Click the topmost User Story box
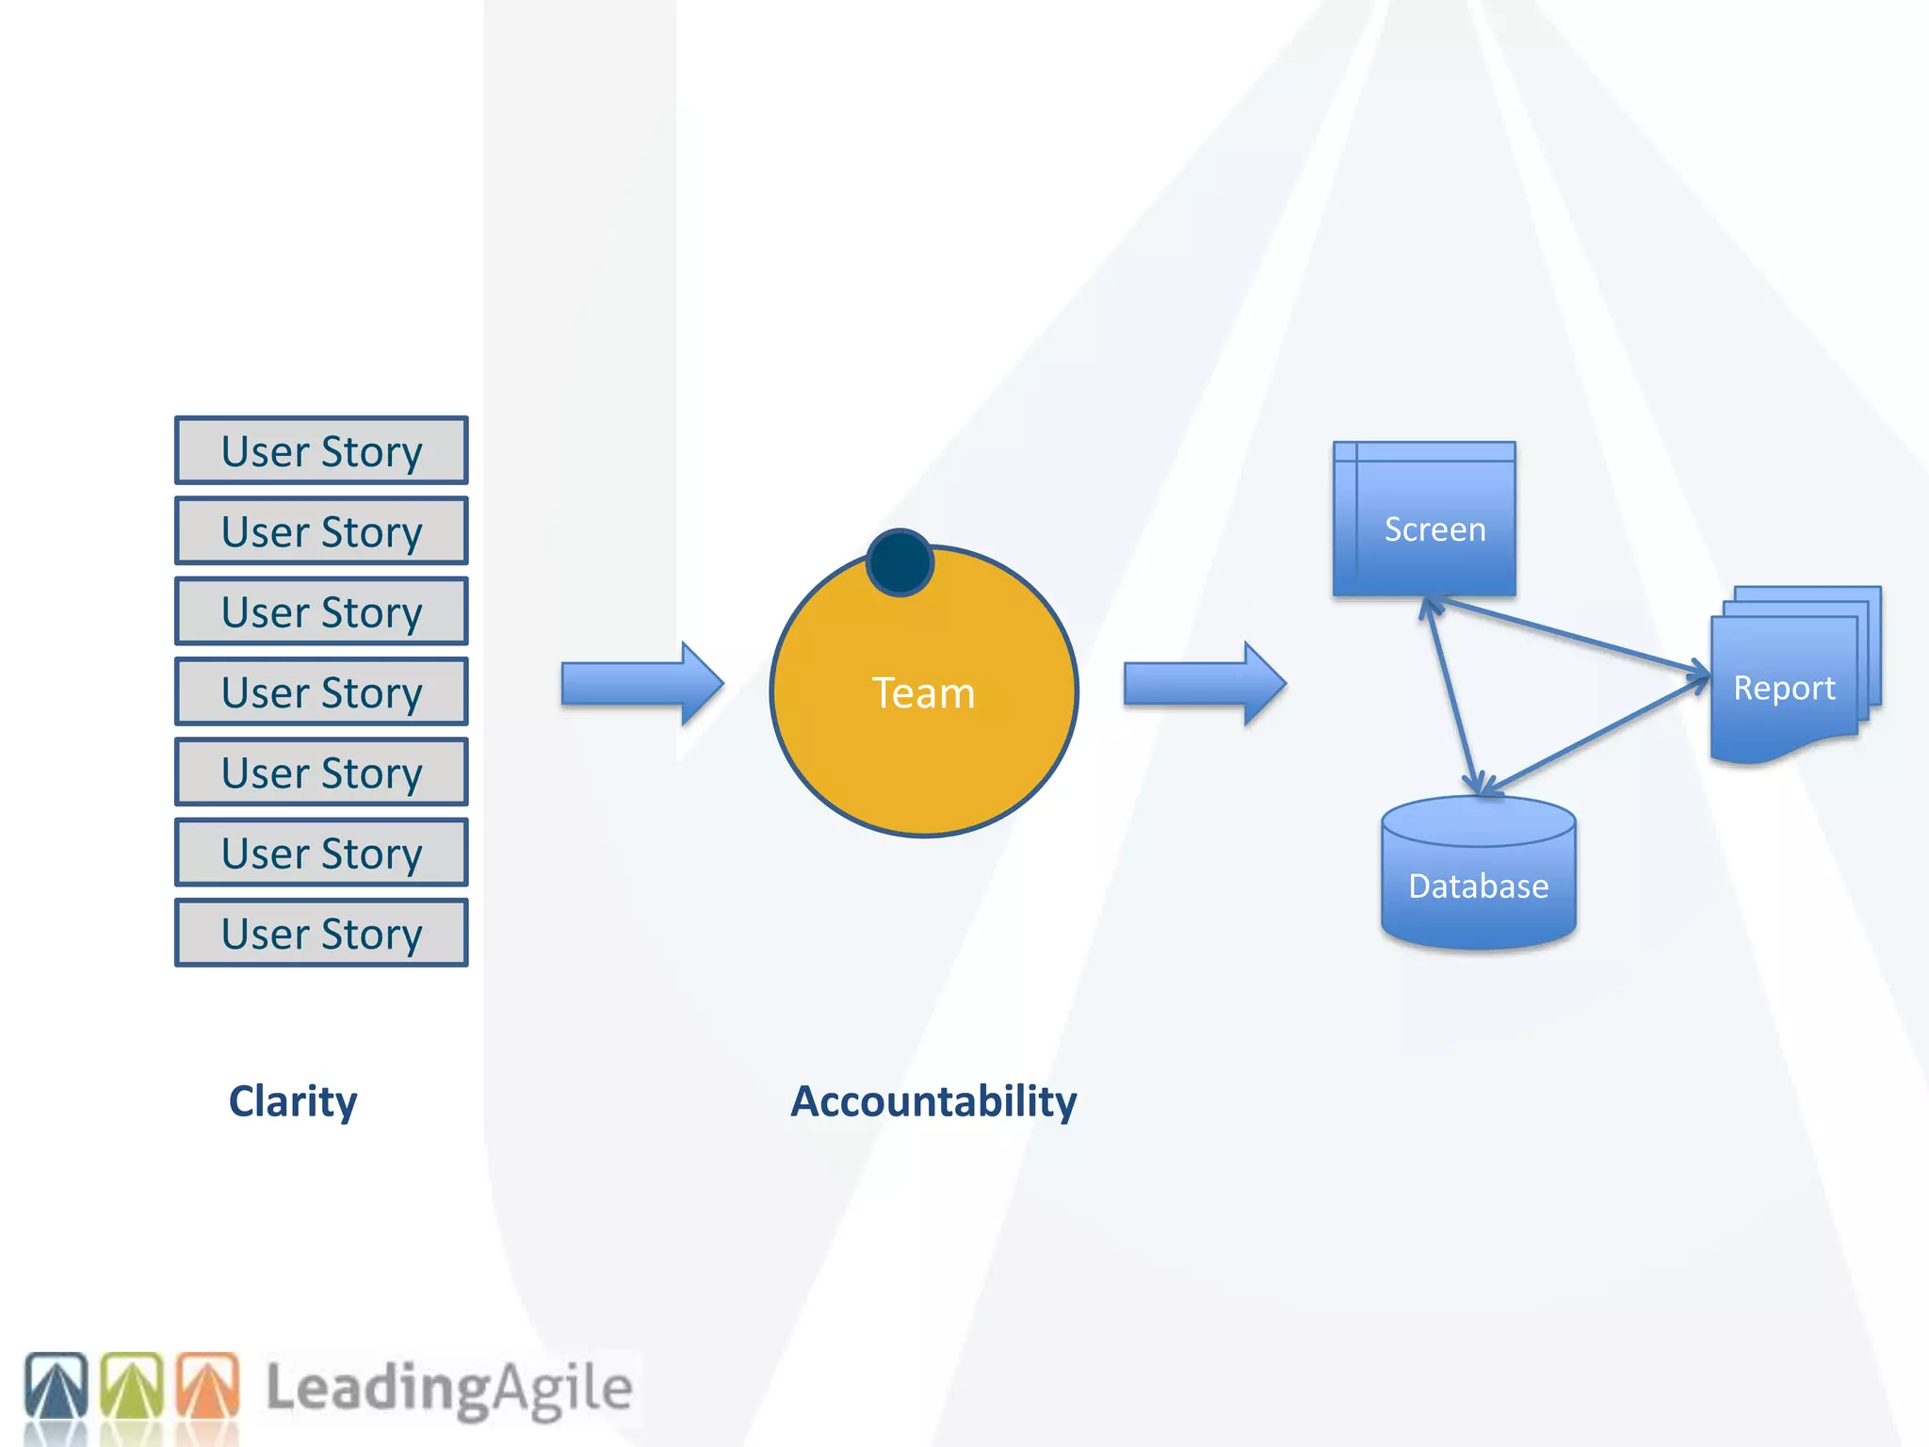tap(321, 451)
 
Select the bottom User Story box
tap(321, 934)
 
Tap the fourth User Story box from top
tap(321, 692)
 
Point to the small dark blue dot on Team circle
tap(900, 562)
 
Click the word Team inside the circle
tap(923, 693)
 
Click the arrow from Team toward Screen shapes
tap(1205, 684)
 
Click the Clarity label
tap(293, 1101)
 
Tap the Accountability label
tap(932, 1101)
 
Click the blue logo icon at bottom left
tap(57, 1386)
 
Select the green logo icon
tap(132, 1386)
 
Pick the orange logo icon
tap(208, 1386)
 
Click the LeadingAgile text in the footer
tap(448, 1388)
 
